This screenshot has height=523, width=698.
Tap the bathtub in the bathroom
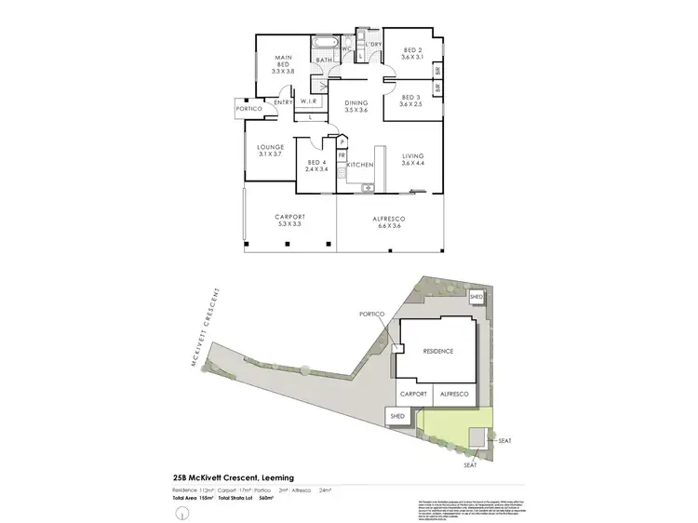(326, 45)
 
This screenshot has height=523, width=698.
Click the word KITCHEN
(360, 165)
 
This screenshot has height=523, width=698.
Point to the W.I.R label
(309, 101)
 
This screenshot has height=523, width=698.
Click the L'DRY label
(374, 45)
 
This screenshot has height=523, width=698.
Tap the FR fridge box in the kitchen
(342, 155)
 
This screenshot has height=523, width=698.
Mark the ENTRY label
(284, 101)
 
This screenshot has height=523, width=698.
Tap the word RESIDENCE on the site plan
(437, 351)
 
